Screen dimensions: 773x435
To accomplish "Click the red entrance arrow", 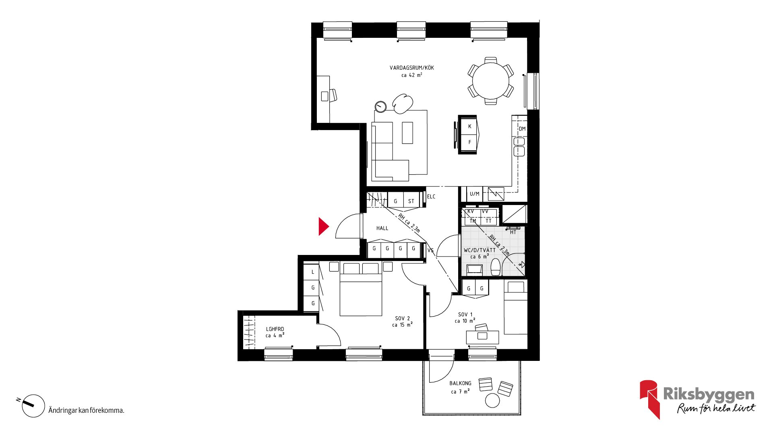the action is click(x=323, y=226).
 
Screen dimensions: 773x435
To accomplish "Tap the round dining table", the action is click(x=490, y=81).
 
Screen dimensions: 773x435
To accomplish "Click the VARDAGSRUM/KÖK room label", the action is click(x=411, y=68).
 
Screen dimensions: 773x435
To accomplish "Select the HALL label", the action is click(x=382, y=228).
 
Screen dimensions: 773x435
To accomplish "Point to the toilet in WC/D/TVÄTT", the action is click(x=496, y=267).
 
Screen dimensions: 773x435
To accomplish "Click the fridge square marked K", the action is click(x=469, y=126).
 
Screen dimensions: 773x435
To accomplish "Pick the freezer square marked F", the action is click(x=469, y=142).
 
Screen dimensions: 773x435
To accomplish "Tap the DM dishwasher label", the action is click(x=522, y=129).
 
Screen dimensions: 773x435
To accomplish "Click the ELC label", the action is click(x=431, y=197).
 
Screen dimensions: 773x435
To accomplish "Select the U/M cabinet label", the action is click(x=475, y=194).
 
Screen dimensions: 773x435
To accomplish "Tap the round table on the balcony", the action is click(x=492, y=400).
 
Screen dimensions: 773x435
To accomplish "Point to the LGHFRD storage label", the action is click(x=275, y=329).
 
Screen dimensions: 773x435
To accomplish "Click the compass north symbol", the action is click(x=32, y=405).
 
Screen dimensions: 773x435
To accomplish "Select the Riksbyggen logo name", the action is click(x=709, y=394).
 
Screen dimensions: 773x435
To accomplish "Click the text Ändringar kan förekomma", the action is click(x=86, y=410).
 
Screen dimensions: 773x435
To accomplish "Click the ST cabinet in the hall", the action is click(x=411, y=201).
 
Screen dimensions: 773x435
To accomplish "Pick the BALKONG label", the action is click(x=460, y=383).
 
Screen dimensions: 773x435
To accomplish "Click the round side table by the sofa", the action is click(x=380, y=107).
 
